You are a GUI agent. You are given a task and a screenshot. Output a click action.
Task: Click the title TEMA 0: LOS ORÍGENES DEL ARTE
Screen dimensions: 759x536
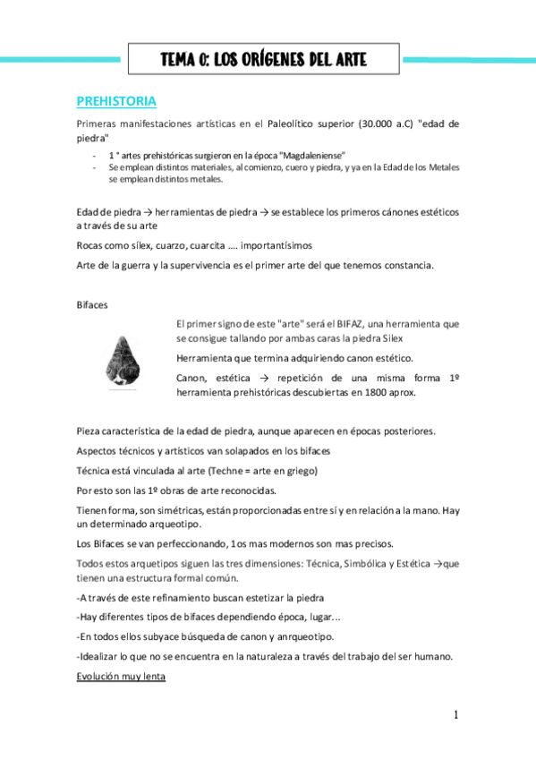click(264, 60)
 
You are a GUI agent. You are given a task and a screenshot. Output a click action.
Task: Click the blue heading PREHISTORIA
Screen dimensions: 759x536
click(117, 100)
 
